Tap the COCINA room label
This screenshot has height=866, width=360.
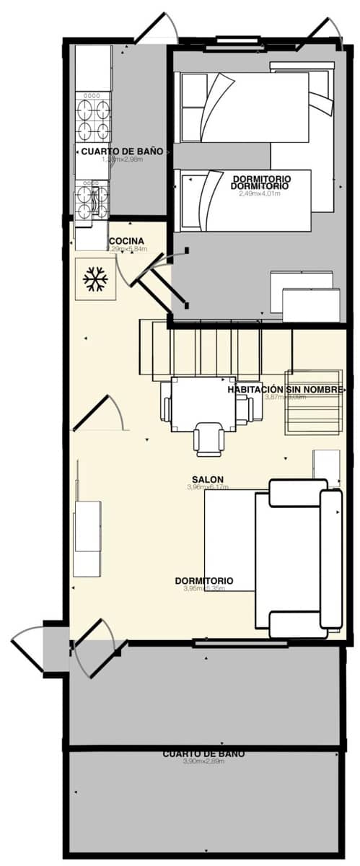126,241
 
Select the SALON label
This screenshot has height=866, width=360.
208,479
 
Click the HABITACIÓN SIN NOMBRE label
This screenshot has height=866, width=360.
285,389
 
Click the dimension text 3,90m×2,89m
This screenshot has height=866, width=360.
204,761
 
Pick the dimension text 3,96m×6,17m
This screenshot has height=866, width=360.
208,488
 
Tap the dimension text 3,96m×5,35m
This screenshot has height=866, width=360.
204,588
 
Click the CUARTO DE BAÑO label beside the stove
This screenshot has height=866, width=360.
121,152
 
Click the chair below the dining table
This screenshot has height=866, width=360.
209,440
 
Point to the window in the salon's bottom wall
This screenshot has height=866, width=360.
231,642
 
